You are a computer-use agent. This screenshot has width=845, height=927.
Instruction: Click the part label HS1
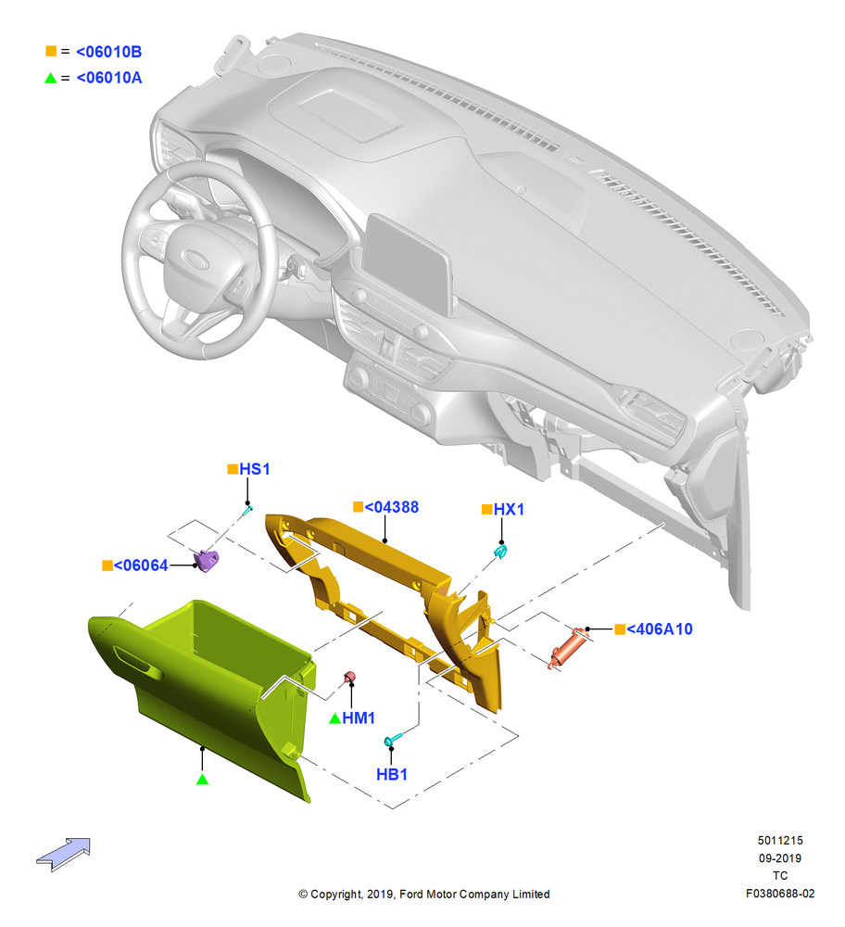point(254,469)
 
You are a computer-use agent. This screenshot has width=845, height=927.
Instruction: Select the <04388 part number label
point(391,507)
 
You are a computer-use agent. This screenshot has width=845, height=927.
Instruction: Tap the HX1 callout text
point(509,510)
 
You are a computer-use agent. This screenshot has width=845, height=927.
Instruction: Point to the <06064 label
point(141,565)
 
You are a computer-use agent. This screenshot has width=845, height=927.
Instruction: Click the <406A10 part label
point(659,629)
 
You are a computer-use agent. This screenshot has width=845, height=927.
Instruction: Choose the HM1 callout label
point(359,718)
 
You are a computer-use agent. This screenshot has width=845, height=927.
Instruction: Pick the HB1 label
point(392,774)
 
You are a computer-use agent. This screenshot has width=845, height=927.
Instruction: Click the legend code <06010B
point(108,52)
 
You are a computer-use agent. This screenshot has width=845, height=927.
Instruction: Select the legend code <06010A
point(109,78)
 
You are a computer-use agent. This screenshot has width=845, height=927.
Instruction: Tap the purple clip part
point(207,560)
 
